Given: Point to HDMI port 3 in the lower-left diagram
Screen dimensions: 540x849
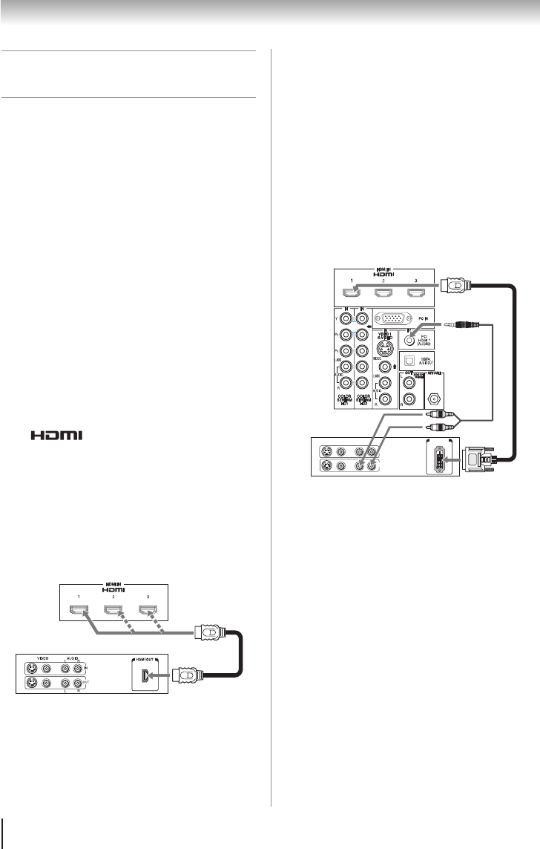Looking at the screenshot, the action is pos(148,611).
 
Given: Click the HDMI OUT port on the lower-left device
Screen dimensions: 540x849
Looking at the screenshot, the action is pos(147,675).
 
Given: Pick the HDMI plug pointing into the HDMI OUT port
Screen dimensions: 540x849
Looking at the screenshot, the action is pos(183,676).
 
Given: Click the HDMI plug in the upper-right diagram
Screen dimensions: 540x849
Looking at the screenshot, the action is pos(455,285).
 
